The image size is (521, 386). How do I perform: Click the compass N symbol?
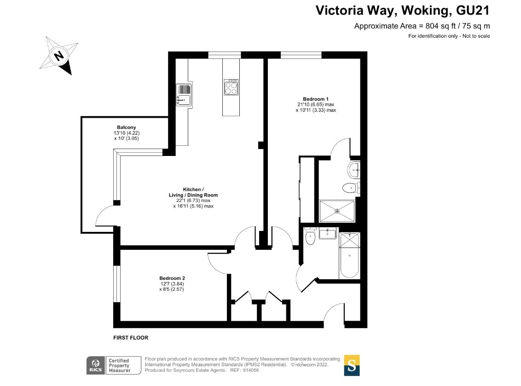click(x=59, y=56)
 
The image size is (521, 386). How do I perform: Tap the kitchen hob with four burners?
click(x=231, y=87)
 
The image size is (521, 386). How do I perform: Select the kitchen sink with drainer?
click(x=184, y=95)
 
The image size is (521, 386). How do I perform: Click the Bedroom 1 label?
click(x=316, y=99)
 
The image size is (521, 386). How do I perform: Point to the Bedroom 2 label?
click(x=172, y=278)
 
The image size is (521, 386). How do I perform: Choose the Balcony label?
click(x=126, y=127)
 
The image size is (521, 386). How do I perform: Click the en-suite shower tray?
click(x=337, y=211)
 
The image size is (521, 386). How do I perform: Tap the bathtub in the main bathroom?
click(x=349, y=255)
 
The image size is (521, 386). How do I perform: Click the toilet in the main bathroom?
click(x=310, y=236)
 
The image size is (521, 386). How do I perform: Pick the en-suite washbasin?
click(x=354, y=170)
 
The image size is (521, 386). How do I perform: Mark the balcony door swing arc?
click(x=103, y=214)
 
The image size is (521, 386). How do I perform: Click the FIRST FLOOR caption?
click(x=131, y=338)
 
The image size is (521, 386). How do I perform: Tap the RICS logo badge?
click(x=96, y=365)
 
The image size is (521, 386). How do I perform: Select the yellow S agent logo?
click(x=352, y=365)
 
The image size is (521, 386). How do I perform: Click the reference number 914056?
click(x=251, y=370)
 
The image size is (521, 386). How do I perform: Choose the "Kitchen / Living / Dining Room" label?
click(x=193, y=192)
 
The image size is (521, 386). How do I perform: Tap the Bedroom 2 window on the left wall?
click(x=116, y=284)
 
